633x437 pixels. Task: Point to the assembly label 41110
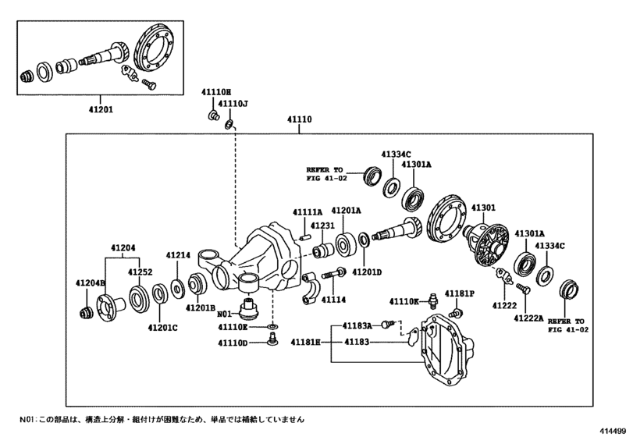pos(300,120)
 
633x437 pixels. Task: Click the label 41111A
pos(308,212)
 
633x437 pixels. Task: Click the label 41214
pos(177,255)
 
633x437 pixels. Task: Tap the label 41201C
pos(163,329)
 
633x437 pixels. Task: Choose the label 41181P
pos(461,293)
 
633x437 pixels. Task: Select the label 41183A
pos(358,324)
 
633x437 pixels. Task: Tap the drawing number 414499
pos(615,430)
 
